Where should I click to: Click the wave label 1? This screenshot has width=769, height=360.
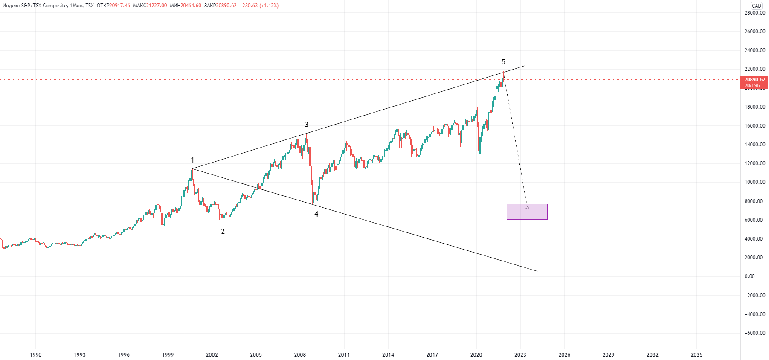point(192,160)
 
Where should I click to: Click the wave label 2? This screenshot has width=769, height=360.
point(223,232)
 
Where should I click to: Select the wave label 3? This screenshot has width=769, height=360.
point(306,125)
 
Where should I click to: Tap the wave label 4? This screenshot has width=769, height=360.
point(316,214)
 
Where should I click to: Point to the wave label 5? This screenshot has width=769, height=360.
point(503,62)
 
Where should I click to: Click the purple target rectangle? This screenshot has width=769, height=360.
point(527,212)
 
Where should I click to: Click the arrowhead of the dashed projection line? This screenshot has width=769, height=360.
point(527,207)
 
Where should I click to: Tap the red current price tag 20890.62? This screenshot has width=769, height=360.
point(754,80)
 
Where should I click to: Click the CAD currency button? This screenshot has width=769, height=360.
point(756,6)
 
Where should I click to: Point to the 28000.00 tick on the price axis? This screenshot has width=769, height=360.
point(754,13)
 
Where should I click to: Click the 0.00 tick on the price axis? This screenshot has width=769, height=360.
point(749,276)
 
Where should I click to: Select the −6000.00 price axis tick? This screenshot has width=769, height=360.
point(754,333)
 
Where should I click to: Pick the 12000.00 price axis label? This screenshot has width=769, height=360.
point(754,163)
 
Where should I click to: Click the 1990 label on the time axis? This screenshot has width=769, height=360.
point(36,354)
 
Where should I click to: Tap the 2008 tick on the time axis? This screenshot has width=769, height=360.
point(300,354)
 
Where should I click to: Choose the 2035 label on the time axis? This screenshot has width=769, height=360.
point(696,354)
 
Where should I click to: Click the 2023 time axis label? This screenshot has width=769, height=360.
point(520,354)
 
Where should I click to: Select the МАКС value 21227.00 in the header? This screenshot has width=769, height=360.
point(157,6)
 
